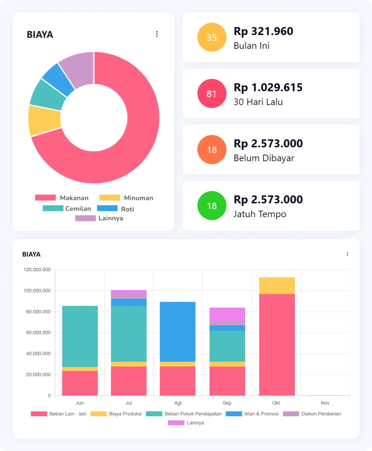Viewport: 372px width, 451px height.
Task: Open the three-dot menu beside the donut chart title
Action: [157, 34]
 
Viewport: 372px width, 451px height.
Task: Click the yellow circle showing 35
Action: [212, 37]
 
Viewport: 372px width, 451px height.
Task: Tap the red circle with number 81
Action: [212, 94]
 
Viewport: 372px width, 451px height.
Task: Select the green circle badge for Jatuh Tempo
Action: [212, 206]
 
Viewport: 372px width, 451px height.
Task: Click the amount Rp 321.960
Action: [263, 31]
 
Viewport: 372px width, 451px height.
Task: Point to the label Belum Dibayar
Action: [264, 158]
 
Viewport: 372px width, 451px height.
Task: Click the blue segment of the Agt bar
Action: [178, 331]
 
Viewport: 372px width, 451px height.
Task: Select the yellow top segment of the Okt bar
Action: [277, 286]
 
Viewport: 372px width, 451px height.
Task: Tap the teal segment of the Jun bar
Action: [80, 336]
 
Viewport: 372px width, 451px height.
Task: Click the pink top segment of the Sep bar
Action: [227, 314]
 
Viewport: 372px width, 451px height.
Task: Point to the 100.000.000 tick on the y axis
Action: [37, 291]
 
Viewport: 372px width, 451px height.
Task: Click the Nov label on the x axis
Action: [325, 403]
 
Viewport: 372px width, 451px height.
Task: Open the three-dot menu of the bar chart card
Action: [347, 254]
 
